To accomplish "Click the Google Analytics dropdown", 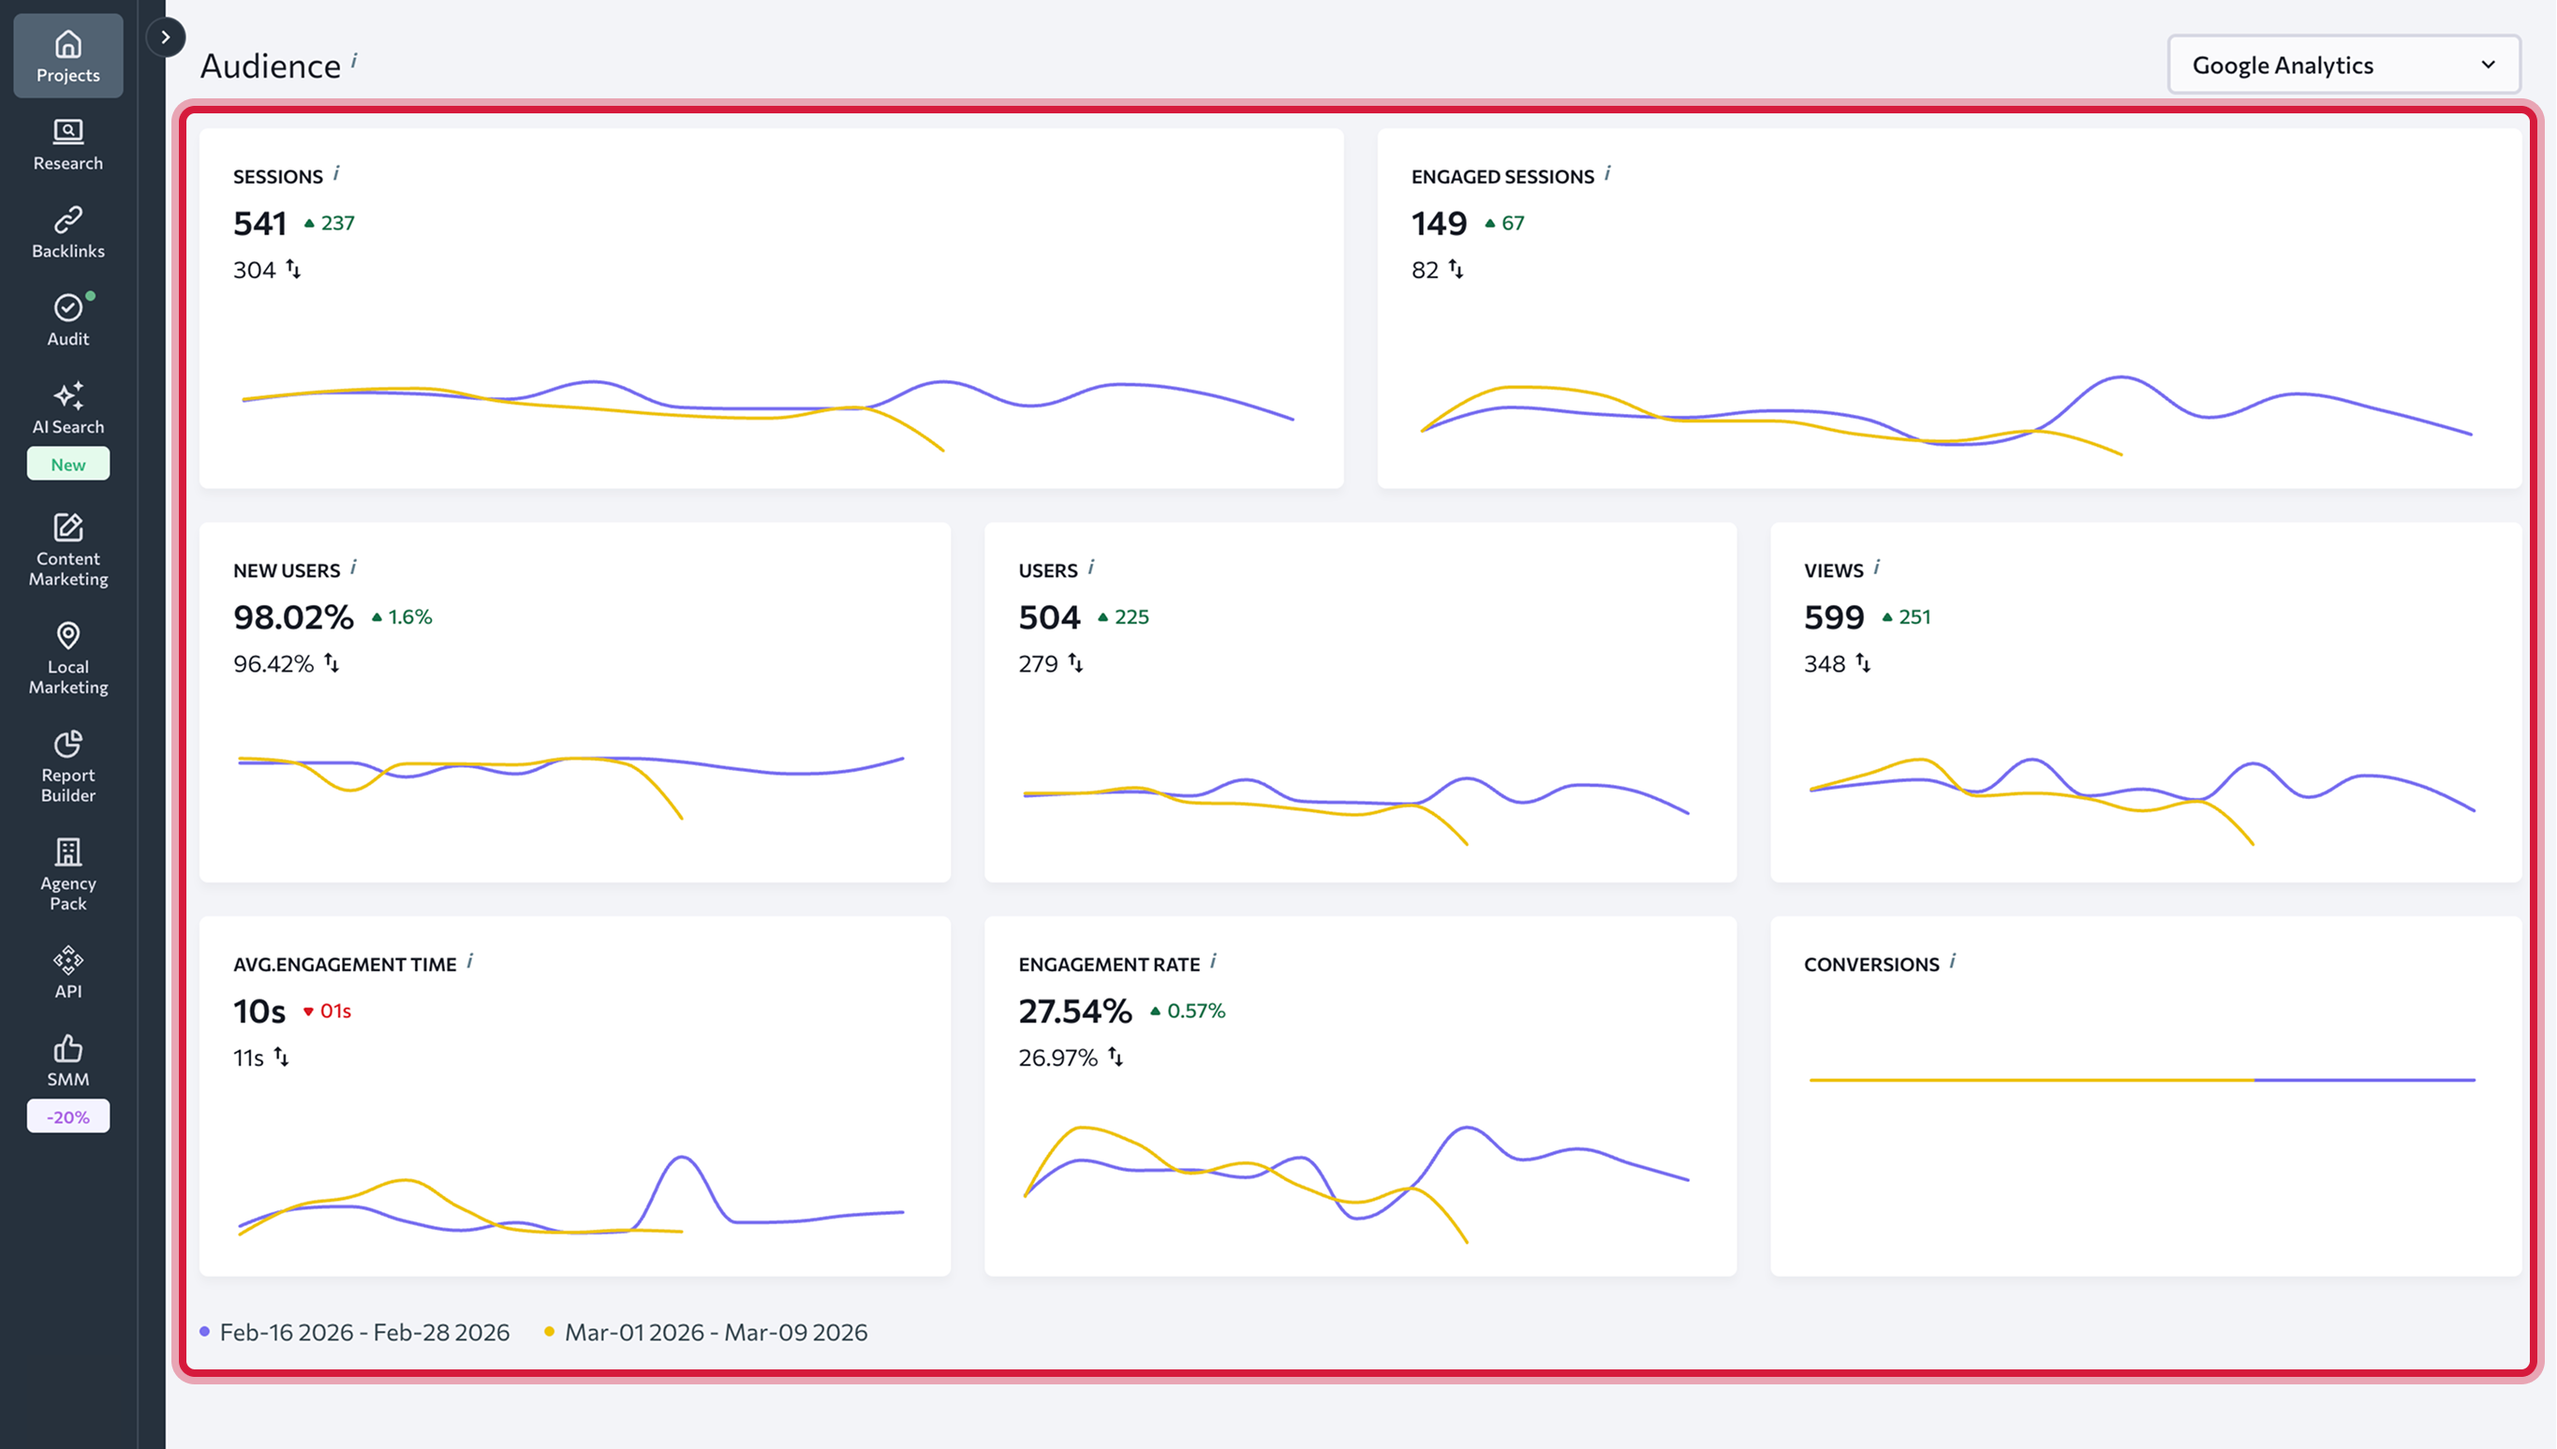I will (x=2343, y=65).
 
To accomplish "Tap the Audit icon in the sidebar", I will (x=67, y=307).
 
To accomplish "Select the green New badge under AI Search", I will (x=67, y=465).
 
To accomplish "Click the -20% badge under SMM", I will (x=67, y=1116).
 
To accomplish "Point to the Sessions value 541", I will (x=259, y=223).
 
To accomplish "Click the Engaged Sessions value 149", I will (x=1439, y=223).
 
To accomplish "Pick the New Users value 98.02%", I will (x=293, y=617).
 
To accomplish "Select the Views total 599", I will (x=1834, y=617).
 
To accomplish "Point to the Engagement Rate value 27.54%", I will (x=1074, y=1012).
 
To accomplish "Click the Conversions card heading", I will (x=1870, y=965).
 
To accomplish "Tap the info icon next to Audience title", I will (x=354, y=61).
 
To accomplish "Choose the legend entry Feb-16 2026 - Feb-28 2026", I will (x=363, y=1332).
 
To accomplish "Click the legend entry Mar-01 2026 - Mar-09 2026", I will (x=716, y=1332).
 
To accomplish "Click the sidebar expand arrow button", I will (x=165, y=37).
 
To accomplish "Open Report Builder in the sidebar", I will (x=67, y=765).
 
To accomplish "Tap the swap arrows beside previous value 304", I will (x=293, y=269).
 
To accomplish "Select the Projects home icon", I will (x=67, y=45).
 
